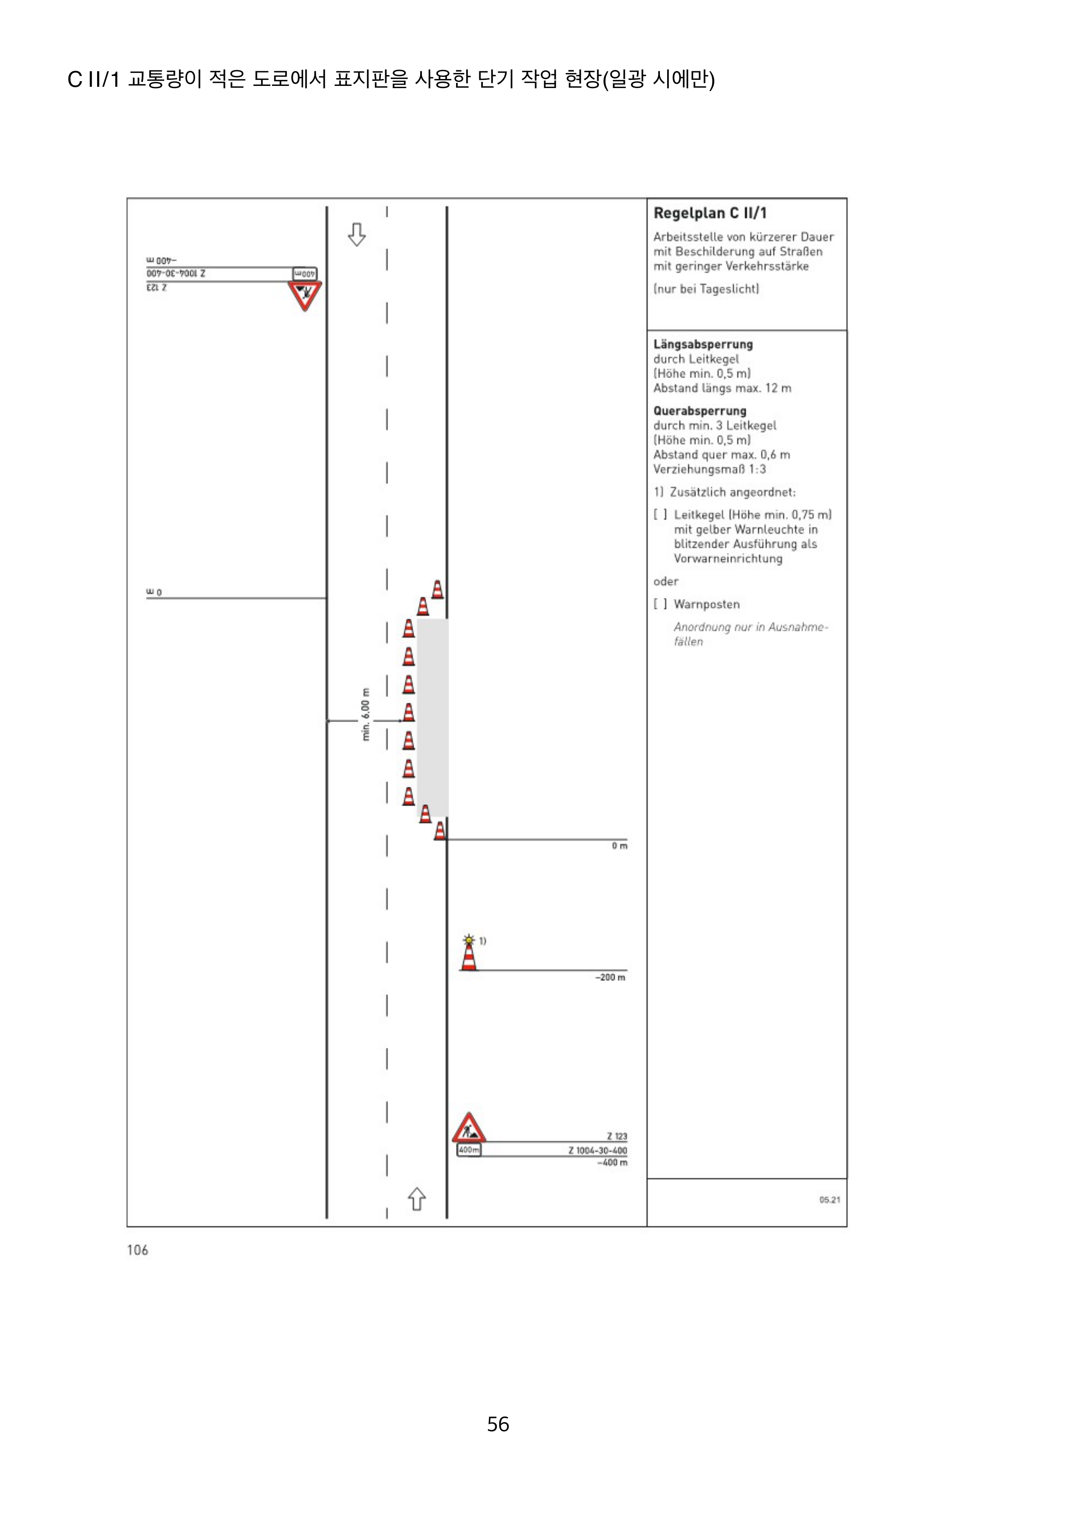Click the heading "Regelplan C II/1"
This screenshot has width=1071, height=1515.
(x=710, y=213)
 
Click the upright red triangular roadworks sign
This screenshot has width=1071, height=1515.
(x=469, y=1128)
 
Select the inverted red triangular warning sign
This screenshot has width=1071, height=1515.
(x=304, y=295)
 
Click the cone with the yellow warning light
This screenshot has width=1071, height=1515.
(x=469, y=954)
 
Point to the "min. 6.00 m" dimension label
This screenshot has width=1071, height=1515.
(x=366, y=714)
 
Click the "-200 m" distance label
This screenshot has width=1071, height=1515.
(x=610, y=977)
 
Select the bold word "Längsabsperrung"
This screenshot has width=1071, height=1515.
(x=703, y=345)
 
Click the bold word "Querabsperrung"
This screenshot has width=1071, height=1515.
(x=700, y=411)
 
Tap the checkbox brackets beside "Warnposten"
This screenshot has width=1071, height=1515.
(x=660, y=604)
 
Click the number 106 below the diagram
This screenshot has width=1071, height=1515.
(x=137, y=1250)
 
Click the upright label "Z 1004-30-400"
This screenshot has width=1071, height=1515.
(x=597, y=1150)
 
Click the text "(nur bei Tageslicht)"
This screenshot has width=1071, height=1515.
(x=706, y=289)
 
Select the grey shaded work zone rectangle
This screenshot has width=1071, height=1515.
(x=432, y=717)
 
